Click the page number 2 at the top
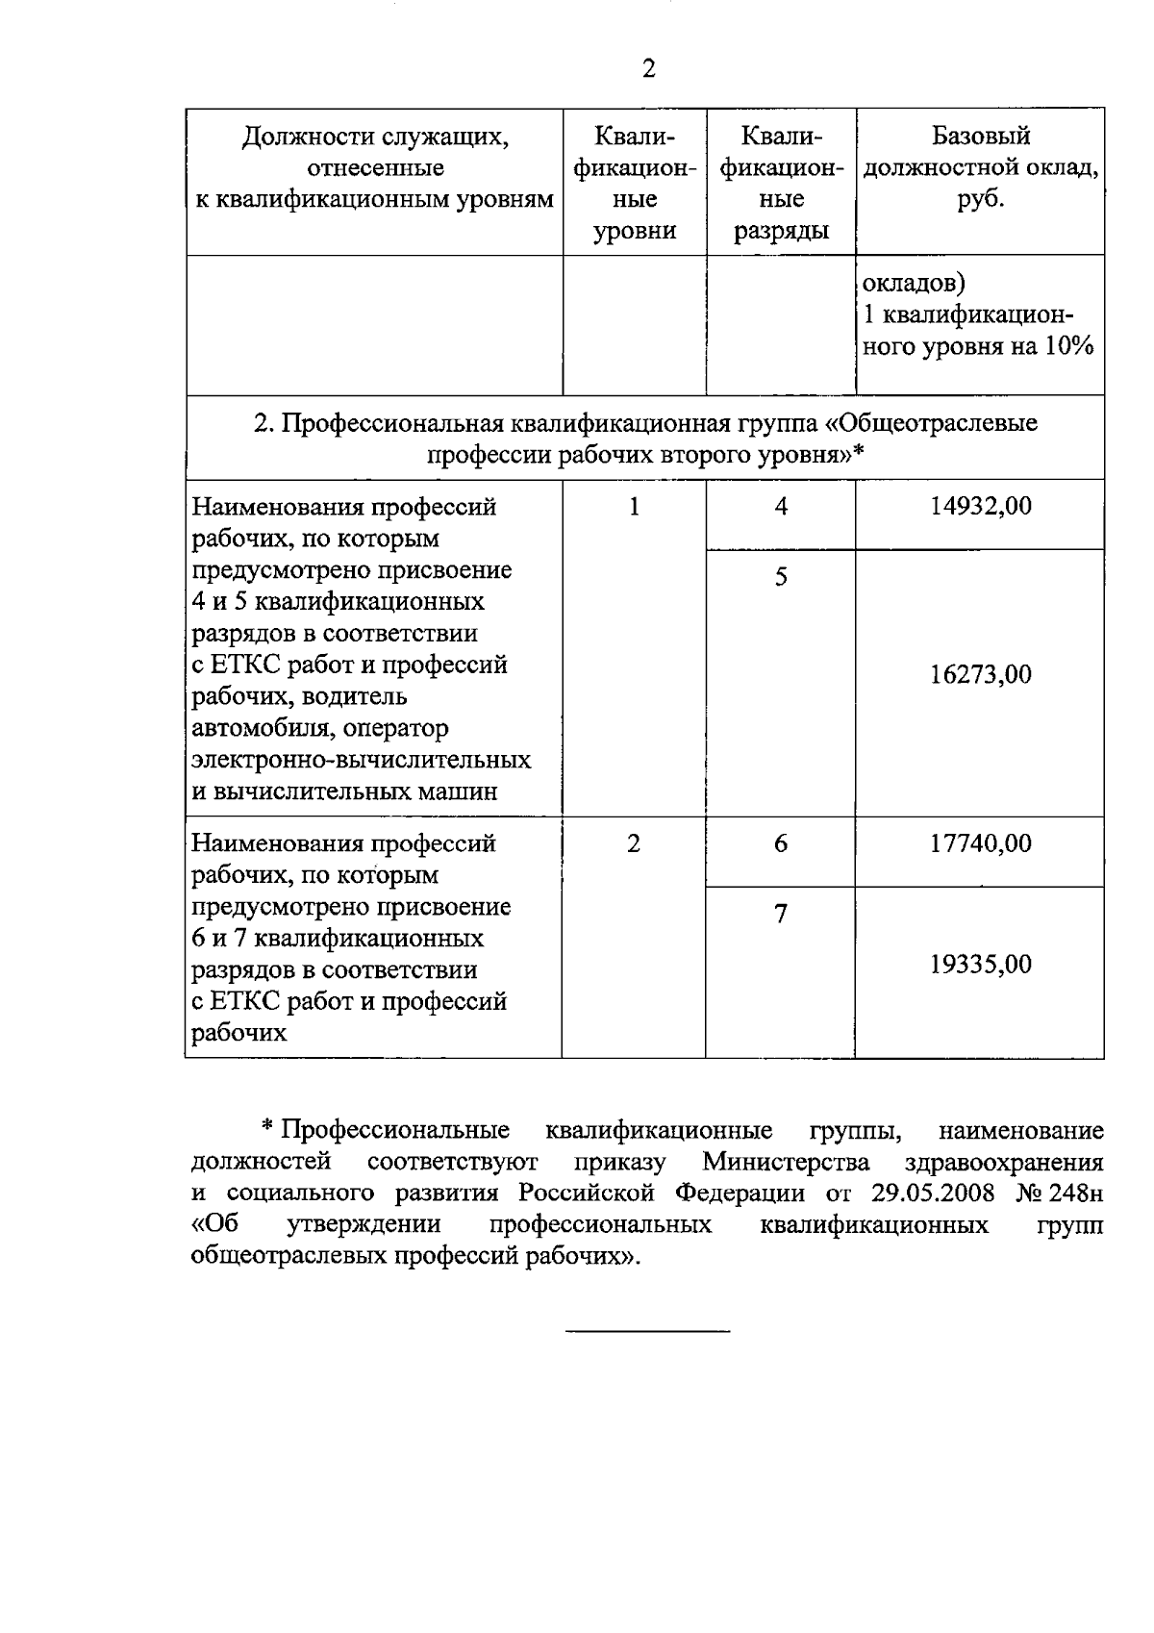648,69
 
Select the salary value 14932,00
980,507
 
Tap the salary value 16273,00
980,674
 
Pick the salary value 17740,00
980,843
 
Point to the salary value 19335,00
980,965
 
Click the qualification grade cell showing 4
781,507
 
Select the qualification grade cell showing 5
781,577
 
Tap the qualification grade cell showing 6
781,843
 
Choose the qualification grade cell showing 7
781,914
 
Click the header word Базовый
980,137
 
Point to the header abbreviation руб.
980,200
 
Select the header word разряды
781,232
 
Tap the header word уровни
634,232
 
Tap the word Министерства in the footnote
786,1162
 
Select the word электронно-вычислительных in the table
362,760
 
